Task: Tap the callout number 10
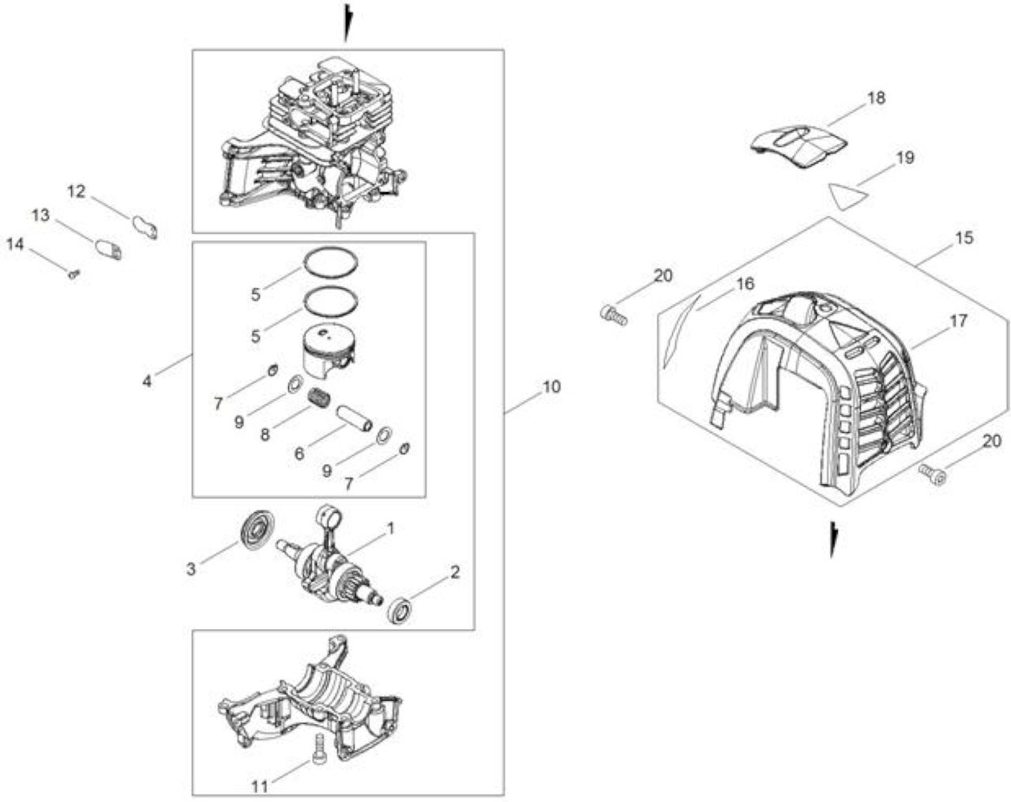point(551,387)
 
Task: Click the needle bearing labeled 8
point(319,399)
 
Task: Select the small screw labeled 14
point(73,273)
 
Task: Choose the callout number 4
point(147,382)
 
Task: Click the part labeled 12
point(145,226)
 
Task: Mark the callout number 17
point(958,321)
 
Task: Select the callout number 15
point(964,238)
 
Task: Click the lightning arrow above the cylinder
point(348,23)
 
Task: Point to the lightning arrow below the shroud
point(834,540)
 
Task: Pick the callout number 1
point(390,529)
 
